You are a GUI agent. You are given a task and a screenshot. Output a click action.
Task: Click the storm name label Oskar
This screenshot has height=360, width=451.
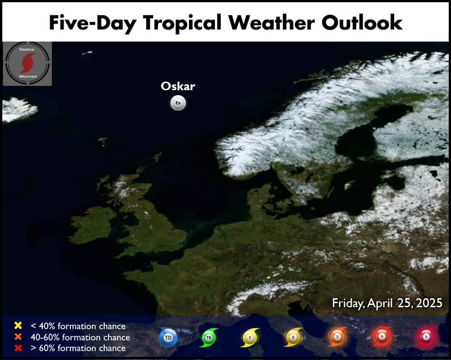click(178, 86)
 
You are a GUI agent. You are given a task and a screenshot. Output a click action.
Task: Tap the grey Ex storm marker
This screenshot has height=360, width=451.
click(178, 103)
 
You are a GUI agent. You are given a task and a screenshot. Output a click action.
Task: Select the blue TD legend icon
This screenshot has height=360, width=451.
click(168, 337)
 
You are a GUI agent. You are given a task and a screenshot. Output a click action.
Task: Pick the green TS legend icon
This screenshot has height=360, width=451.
click(209, 337)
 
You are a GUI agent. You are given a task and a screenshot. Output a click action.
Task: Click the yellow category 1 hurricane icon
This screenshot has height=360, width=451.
click(250, 337)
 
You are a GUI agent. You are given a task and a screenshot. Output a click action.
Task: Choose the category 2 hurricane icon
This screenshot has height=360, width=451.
click(293, 337)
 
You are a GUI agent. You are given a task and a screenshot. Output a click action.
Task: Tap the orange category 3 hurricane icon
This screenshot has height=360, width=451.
click(337, 337)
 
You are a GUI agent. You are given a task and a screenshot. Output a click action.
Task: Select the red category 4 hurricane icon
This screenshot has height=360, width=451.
click(382, 336)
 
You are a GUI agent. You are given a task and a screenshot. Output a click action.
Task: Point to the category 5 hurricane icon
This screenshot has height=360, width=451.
click(426, 337)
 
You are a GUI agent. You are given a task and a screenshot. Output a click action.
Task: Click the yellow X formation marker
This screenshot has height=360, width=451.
click(18, 325)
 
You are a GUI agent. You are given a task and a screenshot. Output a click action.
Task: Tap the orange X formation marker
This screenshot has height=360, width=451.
click(18, 337)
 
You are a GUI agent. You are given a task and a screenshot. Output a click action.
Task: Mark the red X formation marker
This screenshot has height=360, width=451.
click(18, 348)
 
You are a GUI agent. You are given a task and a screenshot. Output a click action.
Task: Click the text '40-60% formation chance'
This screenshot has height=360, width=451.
click(80, 337)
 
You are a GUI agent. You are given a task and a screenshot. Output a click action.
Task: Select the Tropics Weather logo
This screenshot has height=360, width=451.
click(28, 64)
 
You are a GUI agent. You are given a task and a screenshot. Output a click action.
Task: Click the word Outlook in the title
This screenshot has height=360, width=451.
click(362, 23)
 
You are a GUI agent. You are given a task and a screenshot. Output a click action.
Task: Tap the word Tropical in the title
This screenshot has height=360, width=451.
click(182, 23)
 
